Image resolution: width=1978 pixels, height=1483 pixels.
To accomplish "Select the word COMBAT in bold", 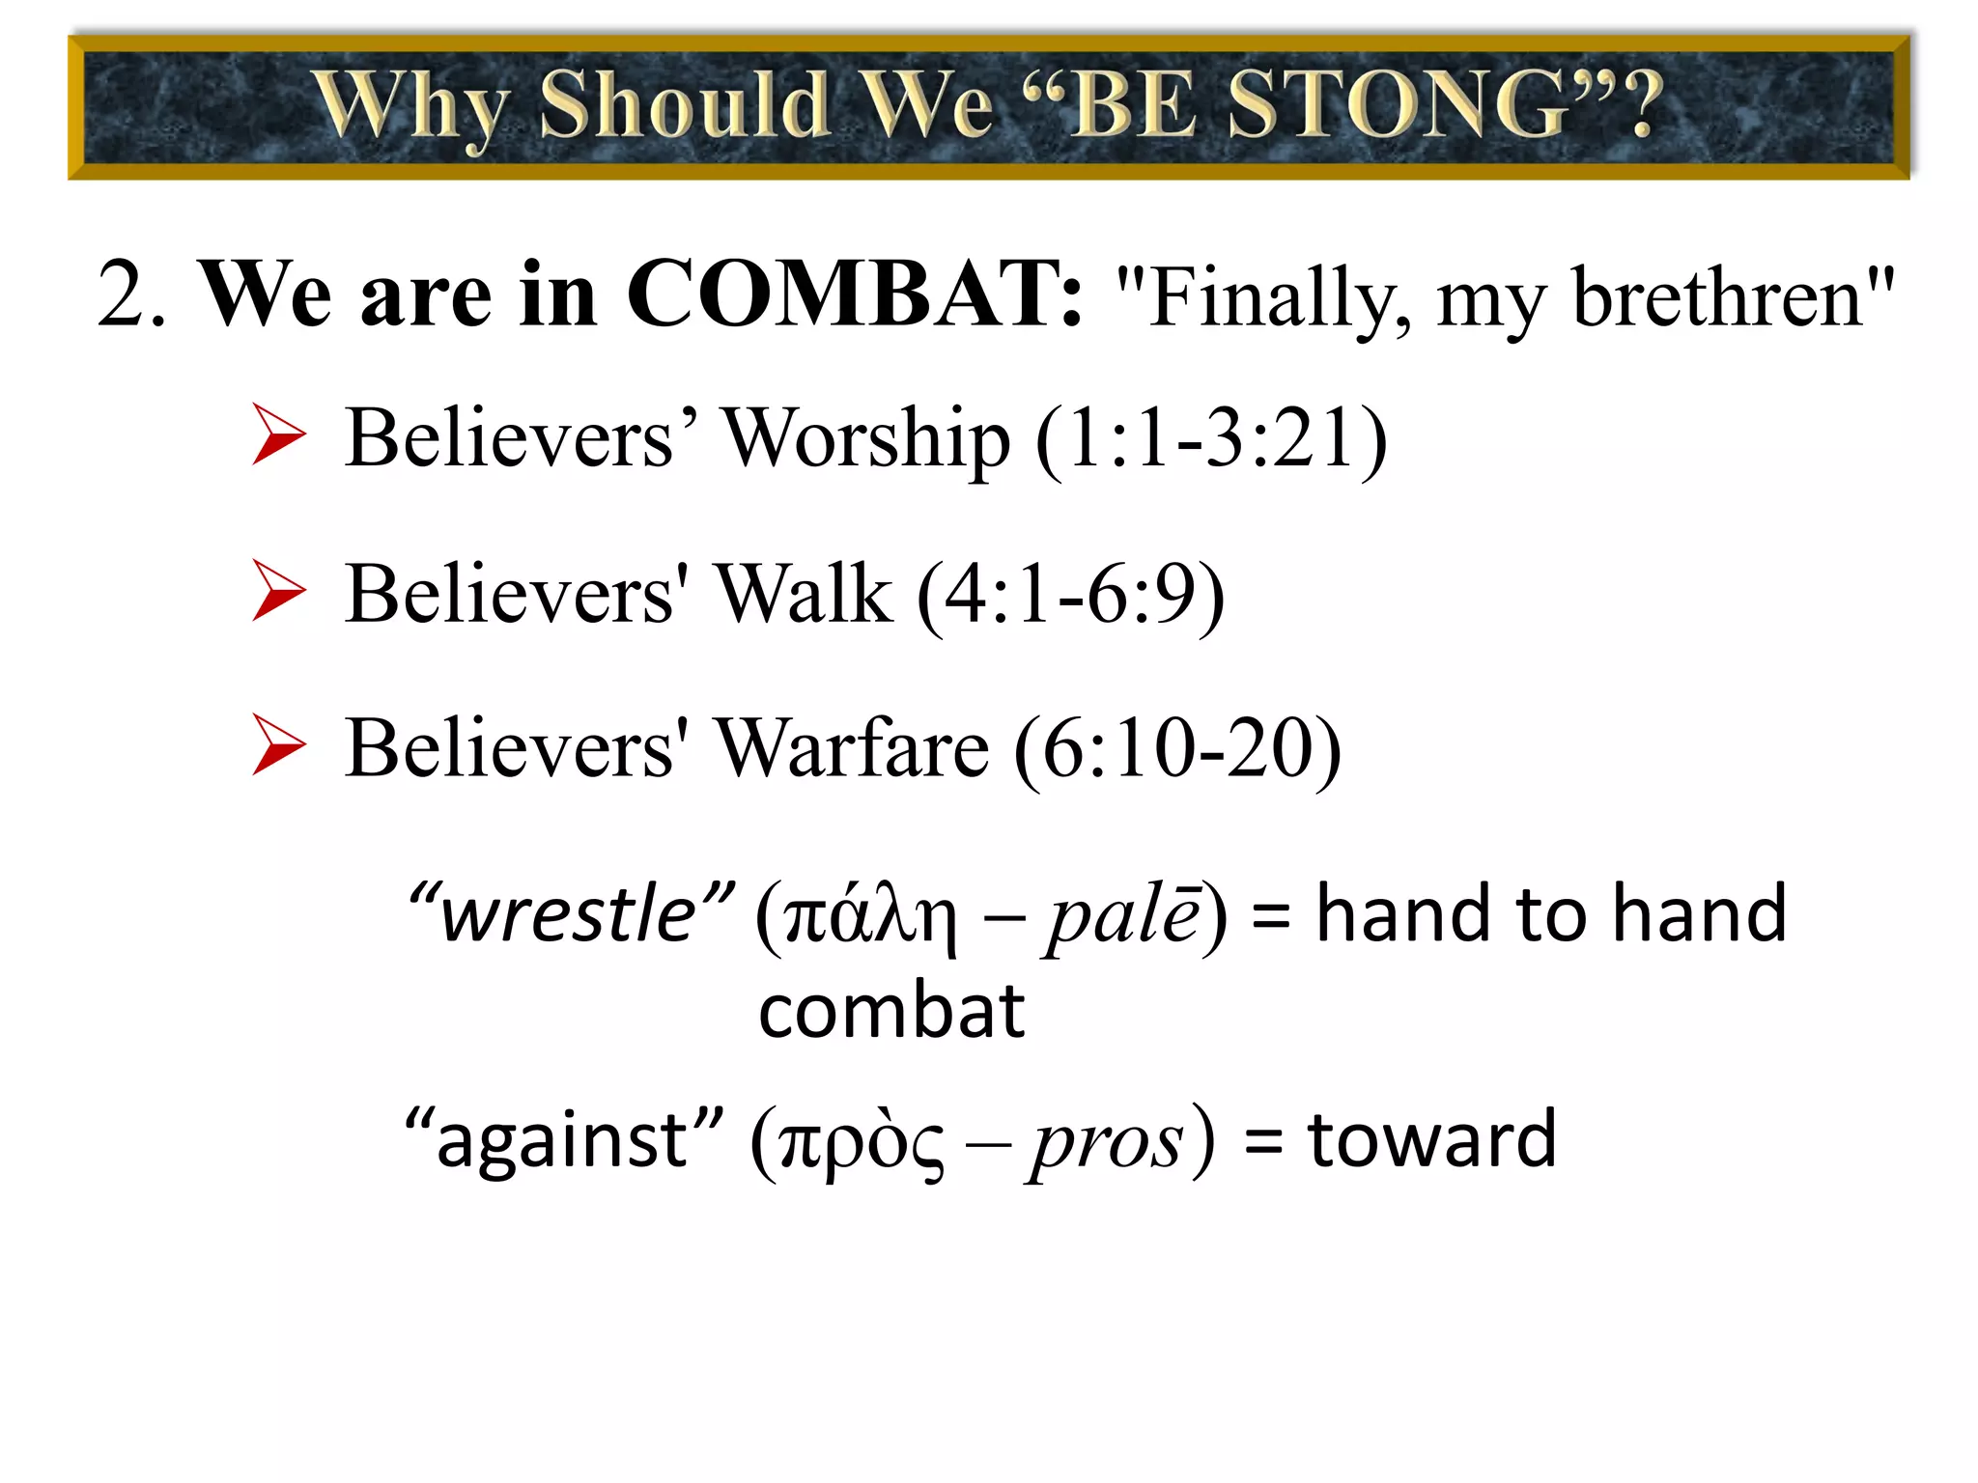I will [855, 294].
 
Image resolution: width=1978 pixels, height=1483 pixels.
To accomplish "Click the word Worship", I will [866, 439].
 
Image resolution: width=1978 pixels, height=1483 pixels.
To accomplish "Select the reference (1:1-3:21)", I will [1211, 439].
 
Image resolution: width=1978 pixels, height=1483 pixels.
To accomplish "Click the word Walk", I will [804, 595].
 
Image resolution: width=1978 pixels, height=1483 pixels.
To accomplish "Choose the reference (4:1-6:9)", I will [1071, 595].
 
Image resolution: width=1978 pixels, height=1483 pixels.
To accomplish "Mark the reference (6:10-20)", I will [1177, 749].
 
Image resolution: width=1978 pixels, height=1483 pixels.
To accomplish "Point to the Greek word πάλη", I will [870, 917].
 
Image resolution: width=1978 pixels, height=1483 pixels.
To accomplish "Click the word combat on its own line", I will [890, 1012].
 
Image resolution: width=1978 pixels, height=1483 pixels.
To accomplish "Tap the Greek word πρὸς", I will [861, 1144].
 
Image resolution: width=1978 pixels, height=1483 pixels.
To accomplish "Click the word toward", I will [1431, 1139].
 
